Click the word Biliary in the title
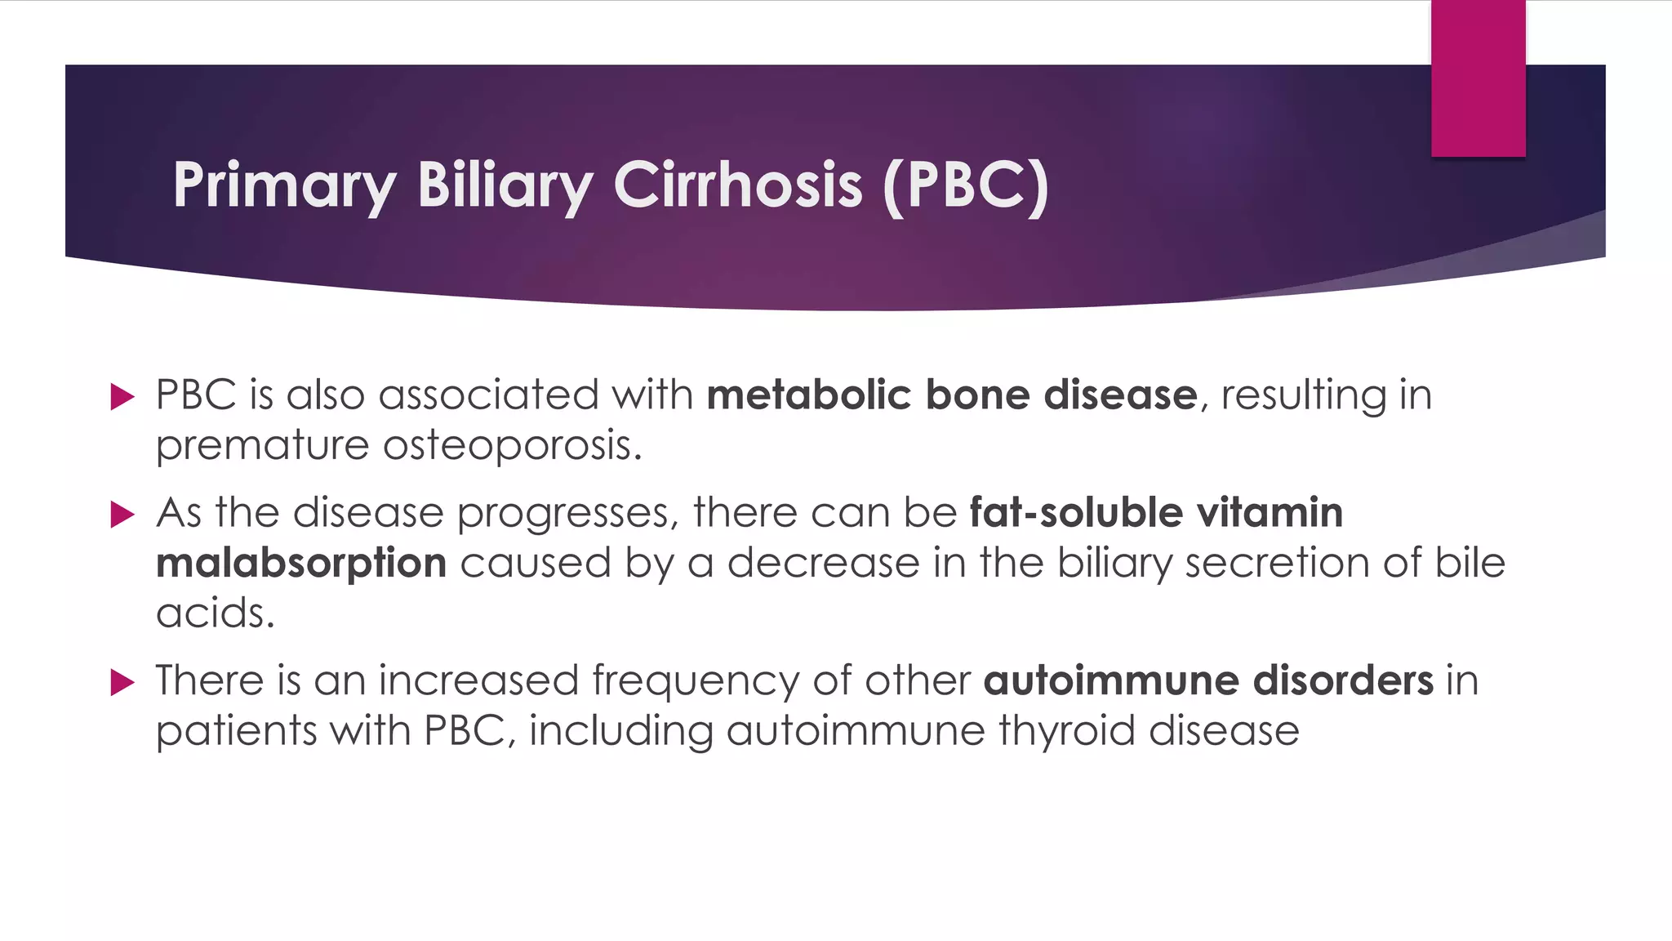[505, 185]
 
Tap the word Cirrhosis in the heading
[737, 185]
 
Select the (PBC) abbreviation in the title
[966, 185]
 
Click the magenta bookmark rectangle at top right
[1478, 78]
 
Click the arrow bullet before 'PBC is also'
[122, 397]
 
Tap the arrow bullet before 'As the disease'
[122, 515]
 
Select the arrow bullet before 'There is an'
[122, 682]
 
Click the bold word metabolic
[808, 395]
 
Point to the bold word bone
[977, 395]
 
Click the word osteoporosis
[512, 446]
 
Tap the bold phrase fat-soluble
[1076, 513]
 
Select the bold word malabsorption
[301, 564]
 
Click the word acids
[215, 613]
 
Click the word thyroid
[1066, 731]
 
